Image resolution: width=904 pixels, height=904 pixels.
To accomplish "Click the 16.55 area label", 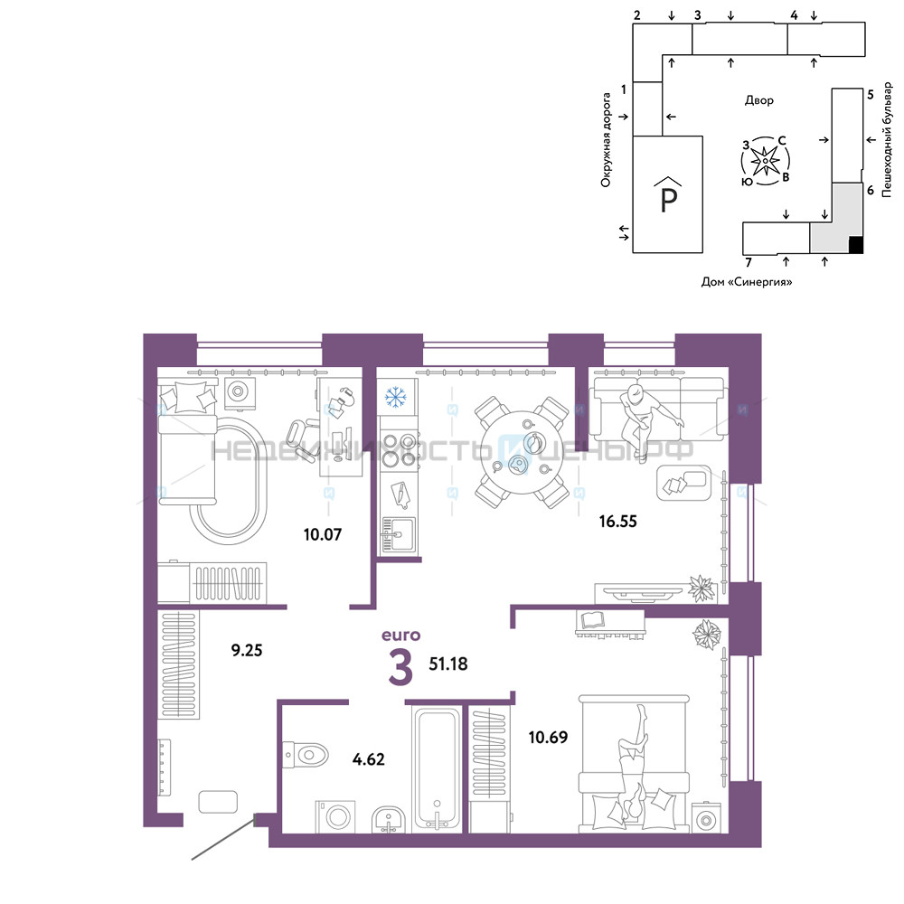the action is pos(617,522).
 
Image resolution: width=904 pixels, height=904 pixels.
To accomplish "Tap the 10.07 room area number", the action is pos(323,534).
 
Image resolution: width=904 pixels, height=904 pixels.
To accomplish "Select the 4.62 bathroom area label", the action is pos(369,759).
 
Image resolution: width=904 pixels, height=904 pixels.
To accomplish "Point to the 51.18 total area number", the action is pos(448,664).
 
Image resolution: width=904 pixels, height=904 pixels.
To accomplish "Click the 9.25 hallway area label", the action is pos(247,650).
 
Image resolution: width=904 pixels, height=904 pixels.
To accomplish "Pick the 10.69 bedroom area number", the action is pos(548,738).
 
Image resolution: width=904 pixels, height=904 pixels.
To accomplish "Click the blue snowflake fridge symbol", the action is pos(396,397).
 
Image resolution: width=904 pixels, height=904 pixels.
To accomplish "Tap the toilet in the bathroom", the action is pos(306,754).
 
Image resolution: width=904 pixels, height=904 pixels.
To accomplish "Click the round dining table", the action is pos(523,452).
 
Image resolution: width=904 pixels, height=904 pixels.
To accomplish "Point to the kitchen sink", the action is pos(398,534).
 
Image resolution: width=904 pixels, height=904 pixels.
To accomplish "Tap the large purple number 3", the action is pos(400,667).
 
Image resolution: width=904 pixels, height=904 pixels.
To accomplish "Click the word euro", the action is pos(401,636).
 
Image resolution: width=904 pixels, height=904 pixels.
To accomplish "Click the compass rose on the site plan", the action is pos(765,161).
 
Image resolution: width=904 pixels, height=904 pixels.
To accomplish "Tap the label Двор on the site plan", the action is pos(759,100).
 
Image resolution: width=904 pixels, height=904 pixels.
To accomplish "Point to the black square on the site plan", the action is pos(856,245).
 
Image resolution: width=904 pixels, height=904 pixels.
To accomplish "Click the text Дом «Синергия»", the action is pos(747,282).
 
